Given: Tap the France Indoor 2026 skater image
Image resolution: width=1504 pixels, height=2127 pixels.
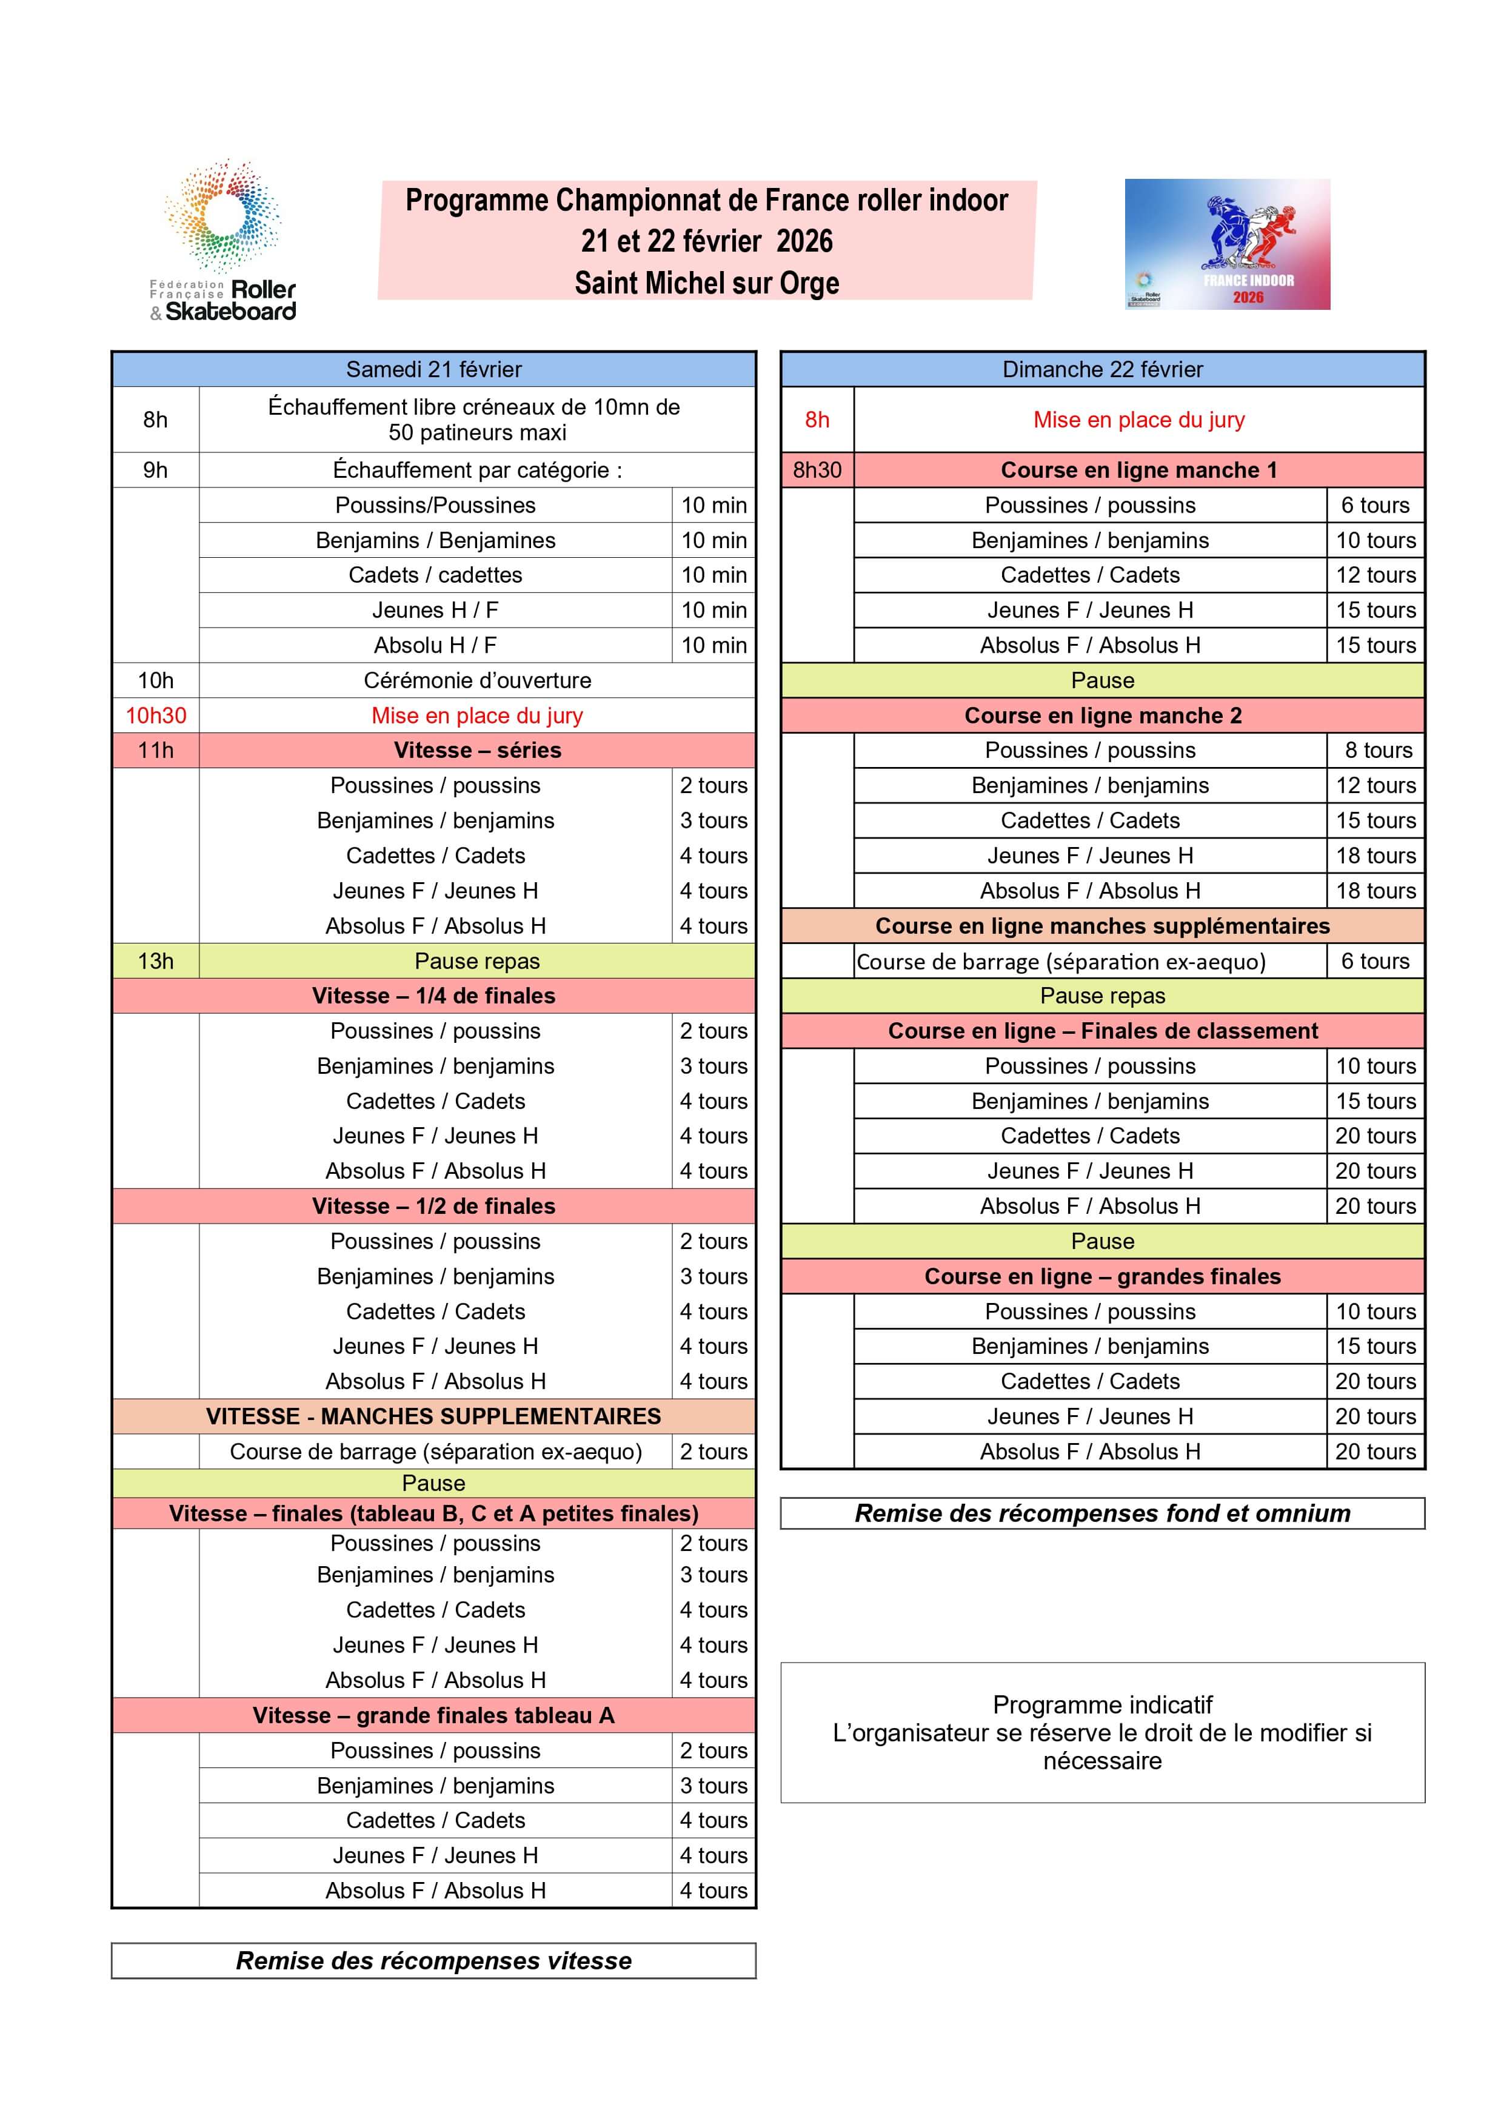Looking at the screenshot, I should click(x=1227, y=244).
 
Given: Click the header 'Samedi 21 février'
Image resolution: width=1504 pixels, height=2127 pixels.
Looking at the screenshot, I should click(x=433, y=370).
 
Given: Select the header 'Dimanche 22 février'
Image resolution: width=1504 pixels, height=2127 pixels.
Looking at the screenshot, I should click(x=1102, y=370).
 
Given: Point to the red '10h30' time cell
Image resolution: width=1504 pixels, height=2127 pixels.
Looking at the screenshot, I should click(x=156, y=715).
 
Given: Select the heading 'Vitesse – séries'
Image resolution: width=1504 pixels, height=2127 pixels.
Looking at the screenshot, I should click(x=477, y=751).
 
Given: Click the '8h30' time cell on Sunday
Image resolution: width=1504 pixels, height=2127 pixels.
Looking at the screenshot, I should click(x=817, y=470).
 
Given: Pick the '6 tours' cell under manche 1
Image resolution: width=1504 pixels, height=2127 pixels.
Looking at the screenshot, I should click(x=1375, y=505).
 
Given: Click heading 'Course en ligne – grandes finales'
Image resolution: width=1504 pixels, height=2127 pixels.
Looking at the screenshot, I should click(x=1102, y=1276).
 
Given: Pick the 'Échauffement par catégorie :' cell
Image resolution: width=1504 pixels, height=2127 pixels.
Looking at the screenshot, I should click(x=477, y=470).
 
